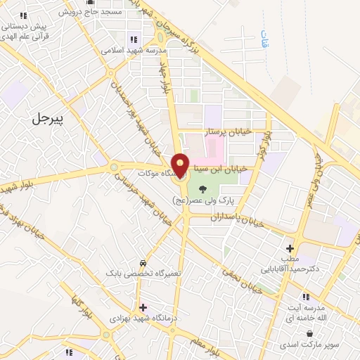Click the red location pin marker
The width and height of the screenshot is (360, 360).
[181, 165]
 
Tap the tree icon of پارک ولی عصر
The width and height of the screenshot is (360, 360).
[202, 188]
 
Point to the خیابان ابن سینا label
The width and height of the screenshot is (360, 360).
[223, 169]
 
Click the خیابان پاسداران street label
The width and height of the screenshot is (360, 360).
[238, 219]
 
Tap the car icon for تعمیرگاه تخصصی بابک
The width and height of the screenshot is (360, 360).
[143, 261]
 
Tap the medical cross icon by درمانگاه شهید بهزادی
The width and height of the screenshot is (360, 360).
[143, 307]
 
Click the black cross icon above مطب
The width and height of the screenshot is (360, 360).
[290, 247]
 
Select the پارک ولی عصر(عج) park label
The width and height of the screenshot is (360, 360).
[203, 200]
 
